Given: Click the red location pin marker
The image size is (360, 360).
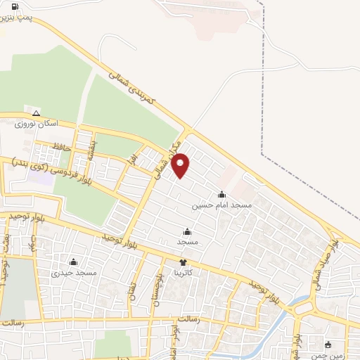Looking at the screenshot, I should [181, 165].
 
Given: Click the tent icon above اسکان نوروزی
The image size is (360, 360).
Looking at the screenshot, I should [36, 113].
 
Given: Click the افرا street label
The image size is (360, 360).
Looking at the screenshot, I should [132, 160].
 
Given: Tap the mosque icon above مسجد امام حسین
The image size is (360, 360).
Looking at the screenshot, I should [222, 195].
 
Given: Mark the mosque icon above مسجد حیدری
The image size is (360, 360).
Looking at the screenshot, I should [73, 262].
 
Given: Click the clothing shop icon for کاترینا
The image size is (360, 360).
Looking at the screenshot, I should [184, 262].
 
